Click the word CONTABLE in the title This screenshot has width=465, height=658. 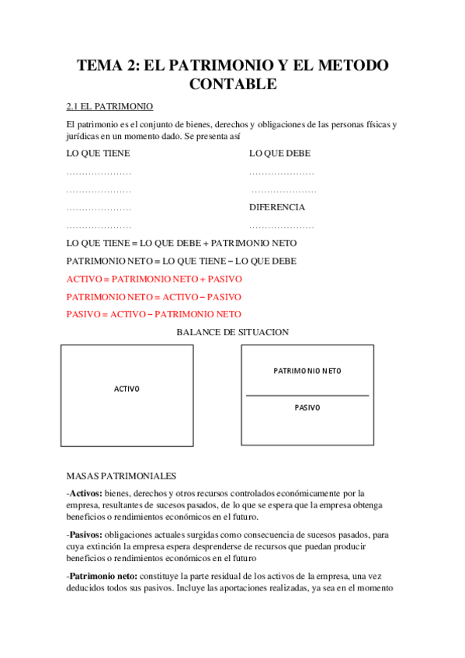232,84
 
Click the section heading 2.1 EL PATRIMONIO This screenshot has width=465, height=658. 109,106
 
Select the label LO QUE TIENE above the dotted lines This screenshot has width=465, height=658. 99,154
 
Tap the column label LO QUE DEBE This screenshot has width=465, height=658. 279,154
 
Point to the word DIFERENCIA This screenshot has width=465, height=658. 277,208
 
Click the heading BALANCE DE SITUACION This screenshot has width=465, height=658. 233,332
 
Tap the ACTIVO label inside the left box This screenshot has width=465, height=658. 127,389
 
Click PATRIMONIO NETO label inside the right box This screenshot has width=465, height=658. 307,371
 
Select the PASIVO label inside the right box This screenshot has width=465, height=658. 307,407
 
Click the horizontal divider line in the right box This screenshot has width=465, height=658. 307,396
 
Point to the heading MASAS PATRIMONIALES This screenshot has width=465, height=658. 122,476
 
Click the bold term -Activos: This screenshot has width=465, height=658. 85,493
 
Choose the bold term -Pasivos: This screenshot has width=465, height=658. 85,535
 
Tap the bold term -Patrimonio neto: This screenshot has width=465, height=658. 102,577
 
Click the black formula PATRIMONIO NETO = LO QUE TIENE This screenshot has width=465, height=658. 182,261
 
